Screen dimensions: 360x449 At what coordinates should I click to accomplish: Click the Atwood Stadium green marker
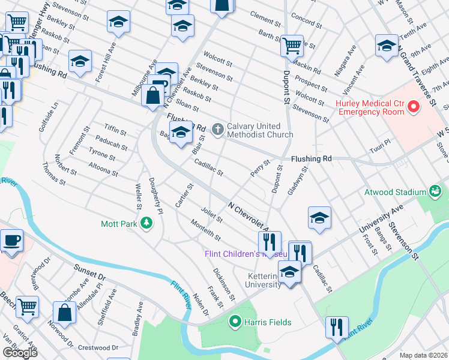[x=435, y=192]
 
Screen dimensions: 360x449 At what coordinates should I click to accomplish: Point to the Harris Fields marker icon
[x=235, y=322]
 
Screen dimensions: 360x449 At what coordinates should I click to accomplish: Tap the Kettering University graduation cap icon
[x=290, y=274]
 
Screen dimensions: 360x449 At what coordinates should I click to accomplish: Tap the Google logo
[x=20, y=353]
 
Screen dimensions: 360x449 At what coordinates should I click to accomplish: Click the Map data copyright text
[x=424, y=355]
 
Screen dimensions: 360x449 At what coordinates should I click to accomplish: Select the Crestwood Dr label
[x=98, y=347]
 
